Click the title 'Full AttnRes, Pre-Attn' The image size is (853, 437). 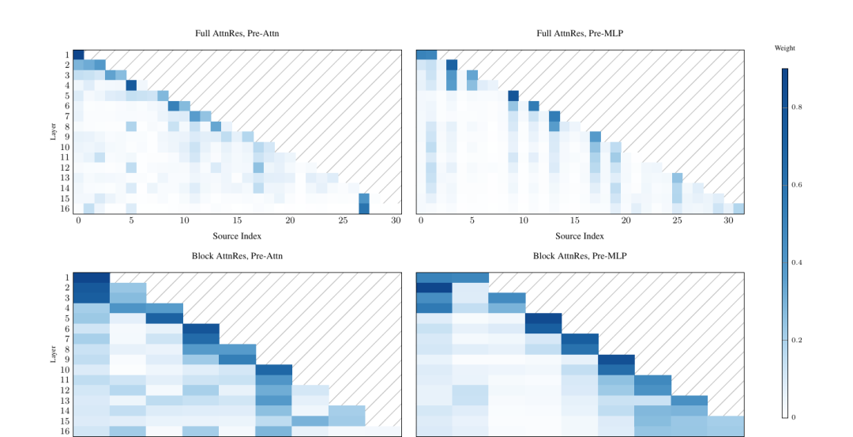[x=237, y=34]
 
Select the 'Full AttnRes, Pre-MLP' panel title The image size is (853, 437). [x=579, y=34]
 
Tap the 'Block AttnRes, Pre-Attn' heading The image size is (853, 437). [x=237, y=257]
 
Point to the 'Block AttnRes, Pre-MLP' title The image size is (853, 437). [x=579, y=257]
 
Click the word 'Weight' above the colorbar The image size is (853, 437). [x=785, y=48]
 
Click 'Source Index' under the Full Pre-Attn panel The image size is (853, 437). [x=237, y=236]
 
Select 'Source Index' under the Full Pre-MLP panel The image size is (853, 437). [x=579, y=236]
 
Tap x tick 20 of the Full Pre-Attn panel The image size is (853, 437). [x=290, y=221]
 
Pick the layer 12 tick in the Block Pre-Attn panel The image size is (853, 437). [x=66, y=390]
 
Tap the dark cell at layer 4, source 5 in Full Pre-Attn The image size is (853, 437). [x=131, y=85]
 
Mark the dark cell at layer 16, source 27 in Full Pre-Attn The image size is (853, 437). [x=364, y=209]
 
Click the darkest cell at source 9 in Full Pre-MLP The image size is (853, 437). [x=513, y=96]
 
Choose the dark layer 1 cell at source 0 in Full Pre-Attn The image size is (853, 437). [x=78, y=55]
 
